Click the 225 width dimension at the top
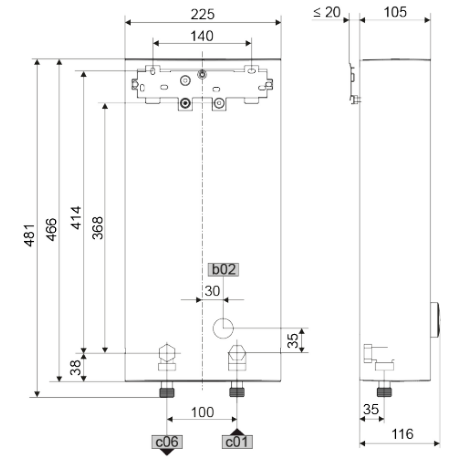click(202, 14)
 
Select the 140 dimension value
click(202, 36)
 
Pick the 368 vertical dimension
click(97, 228)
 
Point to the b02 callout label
click(223, 270)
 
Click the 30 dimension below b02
click(212, 291)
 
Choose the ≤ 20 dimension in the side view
click(327, 13)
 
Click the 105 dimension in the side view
click(395, 13)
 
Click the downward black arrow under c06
click(167, 451)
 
